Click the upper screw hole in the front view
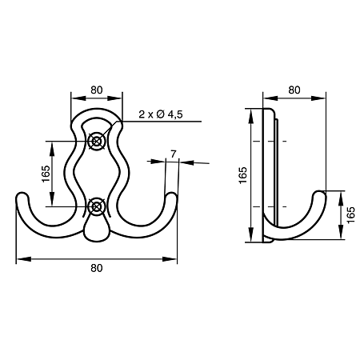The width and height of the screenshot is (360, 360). pos(96,141)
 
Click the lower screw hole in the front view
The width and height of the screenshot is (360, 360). pos(96,206)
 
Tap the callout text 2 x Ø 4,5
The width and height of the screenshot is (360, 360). pos(161,114)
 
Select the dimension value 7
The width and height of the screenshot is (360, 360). pos(174,154)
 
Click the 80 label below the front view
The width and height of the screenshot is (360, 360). pos(97,268)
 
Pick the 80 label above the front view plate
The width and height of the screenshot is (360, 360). pos(97,90)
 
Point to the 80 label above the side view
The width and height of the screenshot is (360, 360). pos(294,90)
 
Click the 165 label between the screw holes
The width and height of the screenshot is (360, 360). pos(46,174)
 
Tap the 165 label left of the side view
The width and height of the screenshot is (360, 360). pos(243,175)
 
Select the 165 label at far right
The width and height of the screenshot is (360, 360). pos(351,215)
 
